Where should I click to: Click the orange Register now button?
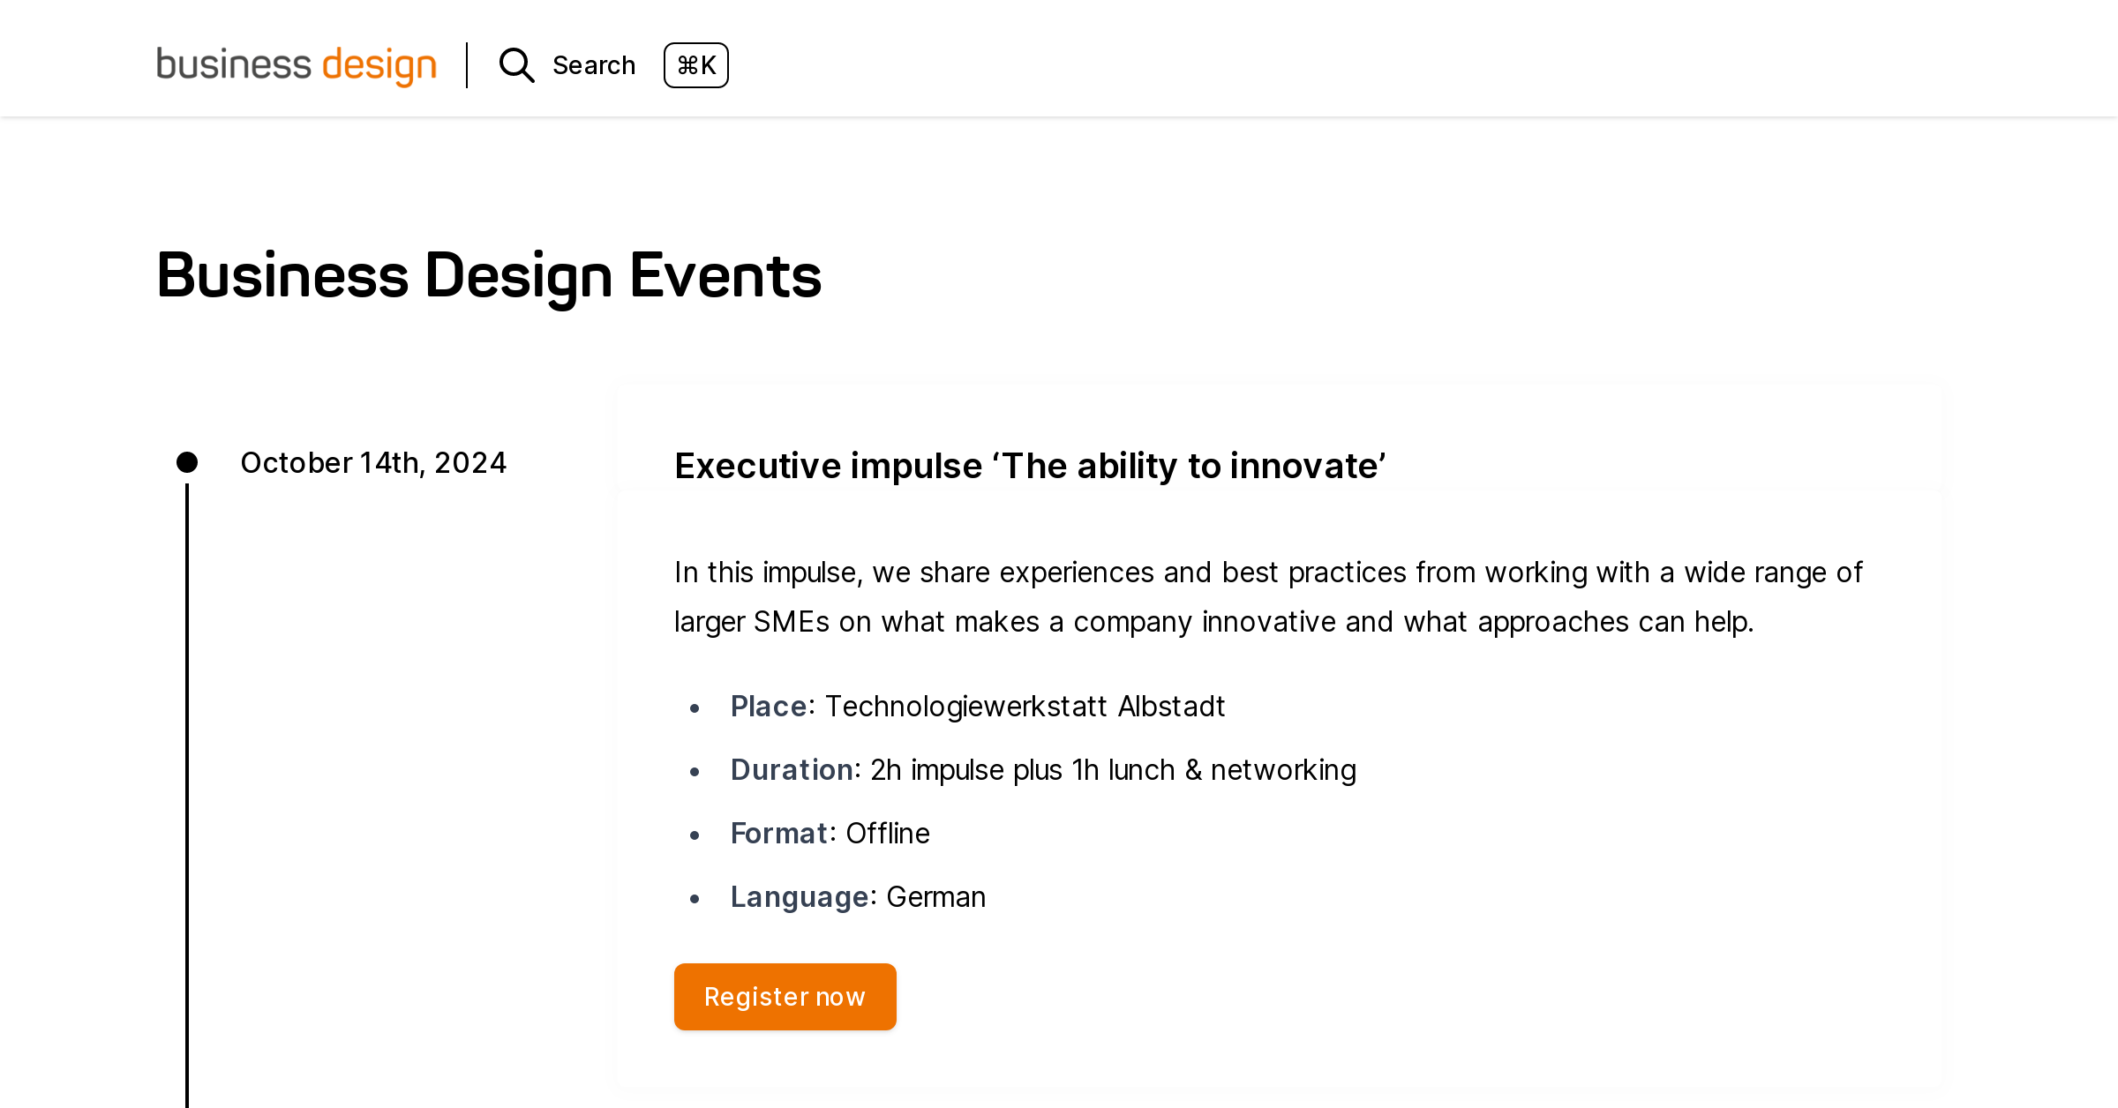785,997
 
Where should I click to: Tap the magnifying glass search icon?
516,65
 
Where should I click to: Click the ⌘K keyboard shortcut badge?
695,65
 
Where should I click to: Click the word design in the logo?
379,65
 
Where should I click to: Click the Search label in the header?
594,65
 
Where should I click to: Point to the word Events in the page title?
725,275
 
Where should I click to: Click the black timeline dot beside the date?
187,462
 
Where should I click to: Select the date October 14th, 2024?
373,462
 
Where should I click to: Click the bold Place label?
768,707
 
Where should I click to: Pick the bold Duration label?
791,770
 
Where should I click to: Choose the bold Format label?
778,834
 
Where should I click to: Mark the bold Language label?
800,897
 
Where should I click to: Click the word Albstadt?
1171,707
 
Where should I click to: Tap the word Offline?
887,834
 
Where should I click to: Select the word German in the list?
935,897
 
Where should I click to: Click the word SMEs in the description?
791,622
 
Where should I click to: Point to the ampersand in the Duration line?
1193,770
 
